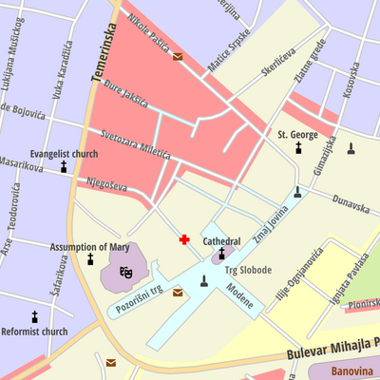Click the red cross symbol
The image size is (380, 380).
184,239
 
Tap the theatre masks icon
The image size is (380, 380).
125,274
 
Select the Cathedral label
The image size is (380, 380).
222,241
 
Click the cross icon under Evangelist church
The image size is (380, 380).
65,167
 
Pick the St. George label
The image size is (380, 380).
297,135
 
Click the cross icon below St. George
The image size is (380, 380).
297,148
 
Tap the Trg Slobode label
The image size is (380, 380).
248,270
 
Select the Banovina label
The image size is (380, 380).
352,371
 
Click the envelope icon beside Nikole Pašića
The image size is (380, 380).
178,56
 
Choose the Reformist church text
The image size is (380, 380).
34,332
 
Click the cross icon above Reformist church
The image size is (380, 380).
35,316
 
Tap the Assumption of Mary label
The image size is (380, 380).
89,247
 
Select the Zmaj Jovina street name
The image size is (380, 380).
270,223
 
